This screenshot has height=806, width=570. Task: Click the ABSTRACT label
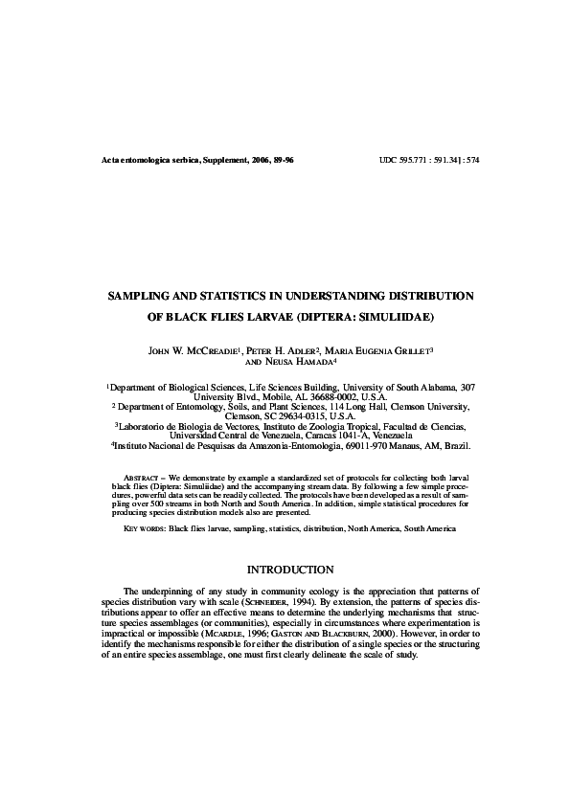pos(143,476)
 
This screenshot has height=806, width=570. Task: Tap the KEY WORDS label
pos(145,528)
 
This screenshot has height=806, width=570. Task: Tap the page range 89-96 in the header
pos(280,160)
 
